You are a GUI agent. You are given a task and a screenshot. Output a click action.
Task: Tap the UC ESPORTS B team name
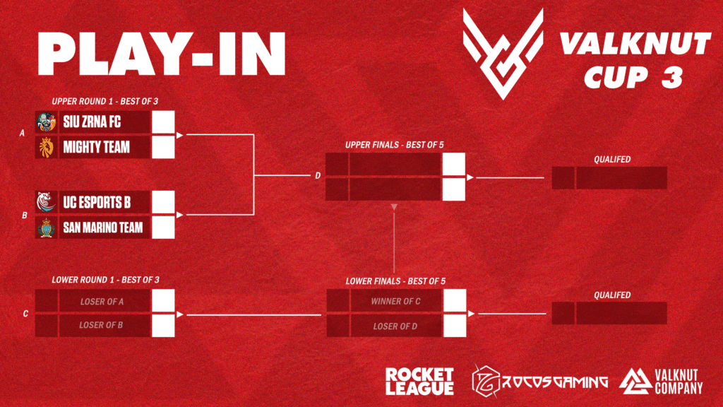click(x=97, y=203)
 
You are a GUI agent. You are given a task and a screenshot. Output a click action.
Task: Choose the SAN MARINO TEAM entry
click(x=102, y=228)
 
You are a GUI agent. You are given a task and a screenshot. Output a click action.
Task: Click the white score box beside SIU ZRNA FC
click(x=163, y=122)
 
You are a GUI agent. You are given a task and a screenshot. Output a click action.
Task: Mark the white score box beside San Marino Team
click(x=163, y=228)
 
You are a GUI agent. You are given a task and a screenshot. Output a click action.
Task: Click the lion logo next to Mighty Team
click(x=47, y=147)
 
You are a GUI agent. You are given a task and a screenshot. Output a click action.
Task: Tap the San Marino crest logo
click(x=47, y=228)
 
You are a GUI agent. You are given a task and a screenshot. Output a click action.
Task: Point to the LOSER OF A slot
click(x=102, y=302)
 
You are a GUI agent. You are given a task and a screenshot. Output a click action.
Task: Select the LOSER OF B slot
click(x=102, y=325)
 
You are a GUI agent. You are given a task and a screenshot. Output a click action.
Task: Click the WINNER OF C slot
click(x=395, y=302)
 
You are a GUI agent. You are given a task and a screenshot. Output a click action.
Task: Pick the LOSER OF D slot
click(x=395, y=326)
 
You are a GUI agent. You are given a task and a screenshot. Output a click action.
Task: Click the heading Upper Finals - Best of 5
click(x=394, y=145)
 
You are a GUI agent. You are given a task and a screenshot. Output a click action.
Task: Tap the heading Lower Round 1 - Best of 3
click(x=105, y=280)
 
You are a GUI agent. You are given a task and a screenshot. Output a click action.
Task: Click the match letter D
click(x=318, y=176)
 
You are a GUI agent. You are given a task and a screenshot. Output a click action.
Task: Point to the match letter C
click(x=25, y=313)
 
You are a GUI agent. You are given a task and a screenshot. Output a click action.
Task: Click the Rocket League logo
click(x=419, y=382)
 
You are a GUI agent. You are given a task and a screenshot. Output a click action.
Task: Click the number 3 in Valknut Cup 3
click(x=672, y=76)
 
